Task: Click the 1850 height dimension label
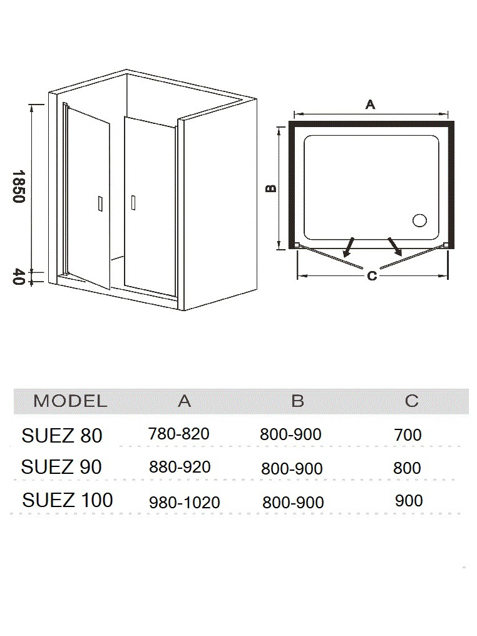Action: click(x=19, y=186)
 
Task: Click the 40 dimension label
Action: click(x=19, y=277)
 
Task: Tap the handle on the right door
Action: click(x=133, y=202)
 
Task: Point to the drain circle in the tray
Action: click(x=420, y=220)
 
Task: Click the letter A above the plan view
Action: click(x=371, y=105)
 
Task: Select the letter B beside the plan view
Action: click(x=270, y=188)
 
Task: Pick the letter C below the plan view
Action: click(x=372, y=276)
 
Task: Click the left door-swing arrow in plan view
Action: click(x=349, y=247)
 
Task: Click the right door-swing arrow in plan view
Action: click(x=394, y=247)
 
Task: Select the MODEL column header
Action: click(x=70, y=401)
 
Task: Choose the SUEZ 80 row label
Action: click(x=61, y=436)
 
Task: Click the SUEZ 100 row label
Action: click(x=68, y=500)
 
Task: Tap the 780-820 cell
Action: click(x=179, y=434)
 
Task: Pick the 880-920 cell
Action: click(x=180, y=467)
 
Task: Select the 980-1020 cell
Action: click(x=185, y=503)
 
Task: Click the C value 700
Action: click(x=408, y=435)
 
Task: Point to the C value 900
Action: click(x=409, y=501)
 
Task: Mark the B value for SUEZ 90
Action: click(x=292, y=468)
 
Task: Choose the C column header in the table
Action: click(x=411, y=401)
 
